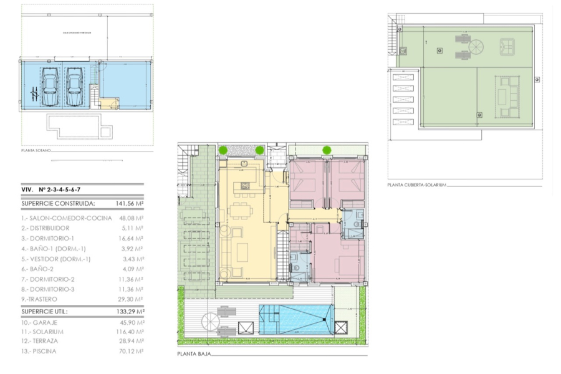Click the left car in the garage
(x=50, y=87)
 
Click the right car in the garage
(x=74, y=87)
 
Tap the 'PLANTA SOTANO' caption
(x=36, y=150)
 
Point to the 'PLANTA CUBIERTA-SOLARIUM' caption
(x=416, y=185)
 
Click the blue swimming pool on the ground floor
(x=294, y=319)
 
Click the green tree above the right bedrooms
(x=327, y=150)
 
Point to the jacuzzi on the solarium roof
(x=506, y=46)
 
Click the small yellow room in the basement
(x=108, y=103)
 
